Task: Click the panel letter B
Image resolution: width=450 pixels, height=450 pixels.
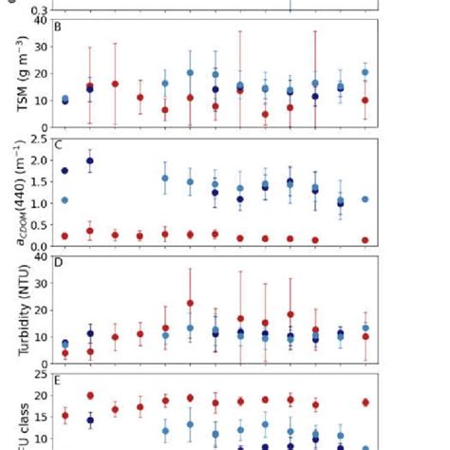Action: (59, 26)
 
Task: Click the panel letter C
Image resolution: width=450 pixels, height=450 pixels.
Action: (59, 145)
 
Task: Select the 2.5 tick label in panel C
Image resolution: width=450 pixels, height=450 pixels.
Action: (38, 140)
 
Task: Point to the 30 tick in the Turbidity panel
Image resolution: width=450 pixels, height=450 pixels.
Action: (40, 281)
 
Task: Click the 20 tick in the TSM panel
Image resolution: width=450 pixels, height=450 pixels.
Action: (40, 73)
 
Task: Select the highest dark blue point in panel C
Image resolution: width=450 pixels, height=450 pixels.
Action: (90, 160)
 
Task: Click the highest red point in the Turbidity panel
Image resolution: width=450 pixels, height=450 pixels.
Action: (190, 303)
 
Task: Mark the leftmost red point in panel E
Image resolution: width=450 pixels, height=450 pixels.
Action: (65, 415)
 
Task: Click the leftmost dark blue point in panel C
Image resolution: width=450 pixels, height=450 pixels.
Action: (65, 170)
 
